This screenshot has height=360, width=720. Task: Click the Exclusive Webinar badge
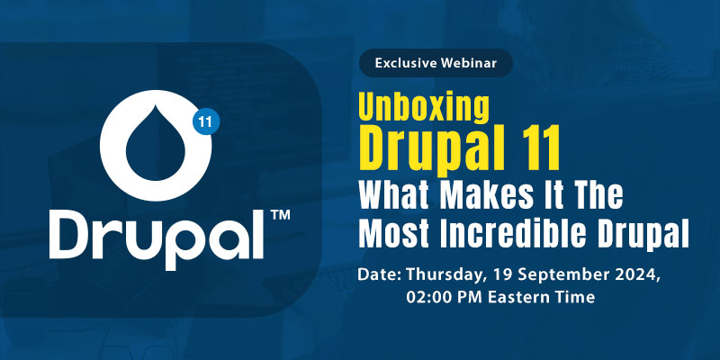coord(436,64)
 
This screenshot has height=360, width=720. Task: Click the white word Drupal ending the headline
coord(645,233)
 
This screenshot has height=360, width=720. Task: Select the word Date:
coord(379,274)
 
